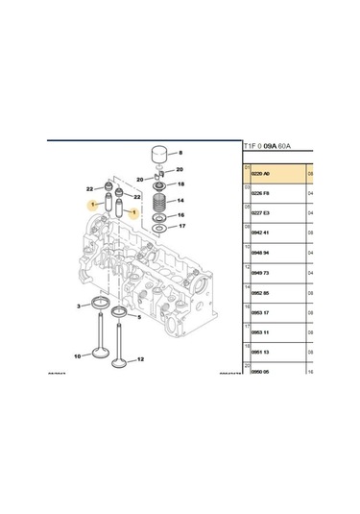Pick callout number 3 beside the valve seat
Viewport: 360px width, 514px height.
click(80, 306)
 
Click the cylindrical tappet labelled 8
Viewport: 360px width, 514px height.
click(161, 156)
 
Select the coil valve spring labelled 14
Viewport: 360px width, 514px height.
click(160, 203)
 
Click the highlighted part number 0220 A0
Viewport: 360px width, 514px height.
click(259, 173)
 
